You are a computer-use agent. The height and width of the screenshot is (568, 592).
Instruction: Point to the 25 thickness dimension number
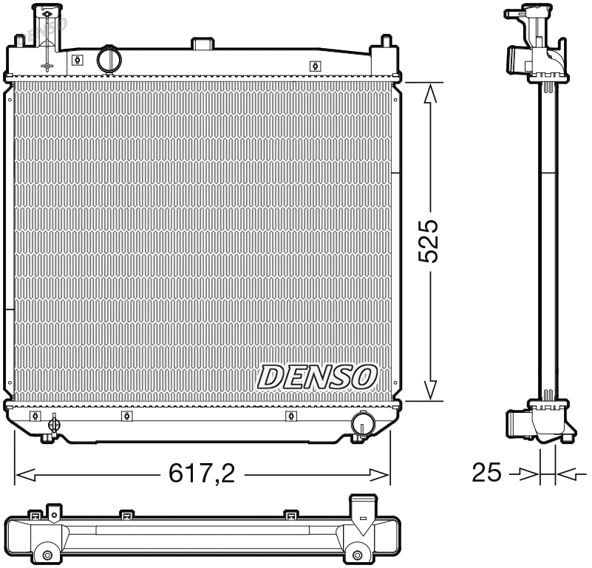(x=486, y=473)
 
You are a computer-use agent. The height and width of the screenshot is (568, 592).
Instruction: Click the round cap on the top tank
(x=109, y=59)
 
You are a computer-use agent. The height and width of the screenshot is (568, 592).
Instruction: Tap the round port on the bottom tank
(x=362, y=423)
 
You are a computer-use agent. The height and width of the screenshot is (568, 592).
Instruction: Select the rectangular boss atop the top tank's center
(x=202, y=44)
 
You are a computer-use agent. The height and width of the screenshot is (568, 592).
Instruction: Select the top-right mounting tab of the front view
(x=385, y=44)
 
